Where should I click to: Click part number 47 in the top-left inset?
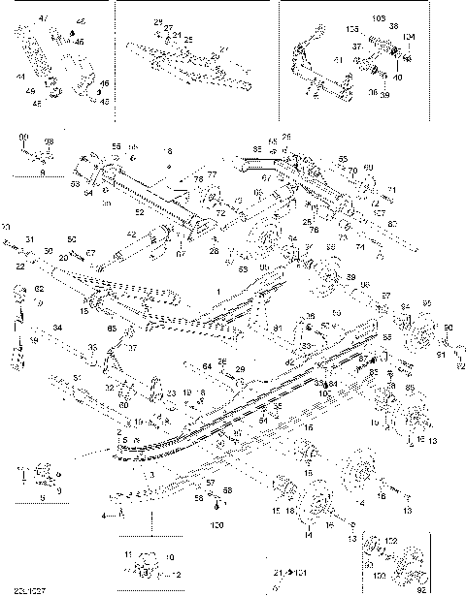(x=41, y=18)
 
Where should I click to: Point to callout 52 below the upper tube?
(x=140, y=211)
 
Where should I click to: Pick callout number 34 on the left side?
(x=58, y=329)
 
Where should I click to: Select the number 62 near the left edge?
(x=40, y=289)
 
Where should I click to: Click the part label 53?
(x=75, y=181)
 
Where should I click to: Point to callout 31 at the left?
(x=30, y=240)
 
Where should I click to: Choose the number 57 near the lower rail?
(x=211, y=482)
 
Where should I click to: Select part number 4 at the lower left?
(x=104, y=517)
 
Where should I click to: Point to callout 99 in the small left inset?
(x=23, y=140)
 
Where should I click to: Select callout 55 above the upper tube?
(x=116, y=145)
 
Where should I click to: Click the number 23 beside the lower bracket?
(x=170, y=392)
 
